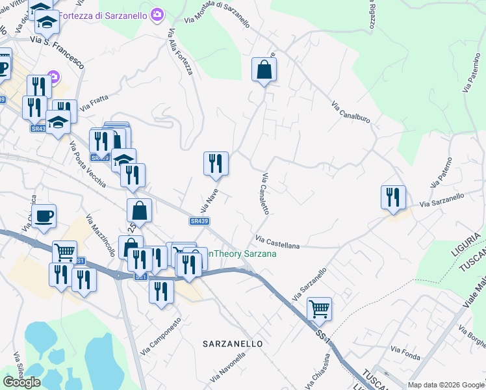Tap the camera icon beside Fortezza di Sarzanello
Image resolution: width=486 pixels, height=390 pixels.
[157, 14]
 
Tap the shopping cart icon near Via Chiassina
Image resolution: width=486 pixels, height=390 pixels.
[319, 309]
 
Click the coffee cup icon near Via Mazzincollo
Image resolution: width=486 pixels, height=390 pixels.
[44, 216]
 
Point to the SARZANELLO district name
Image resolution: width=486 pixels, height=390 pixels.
[232, 343]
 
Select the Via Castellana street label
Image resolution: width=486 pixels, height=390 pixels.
[277, 242]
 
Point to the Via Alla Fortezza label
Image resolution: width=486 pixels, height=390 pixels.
[181, 51]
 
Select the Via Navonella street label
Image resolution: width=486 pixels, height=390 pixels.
[231, 367]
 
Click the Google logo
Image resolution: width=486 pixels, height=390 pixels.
[21, 382]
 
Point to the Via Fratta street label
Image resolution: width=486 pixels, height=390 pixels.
[96, 102]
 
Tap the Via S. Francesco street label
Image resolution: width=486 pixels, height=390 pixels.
[57, 51]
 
